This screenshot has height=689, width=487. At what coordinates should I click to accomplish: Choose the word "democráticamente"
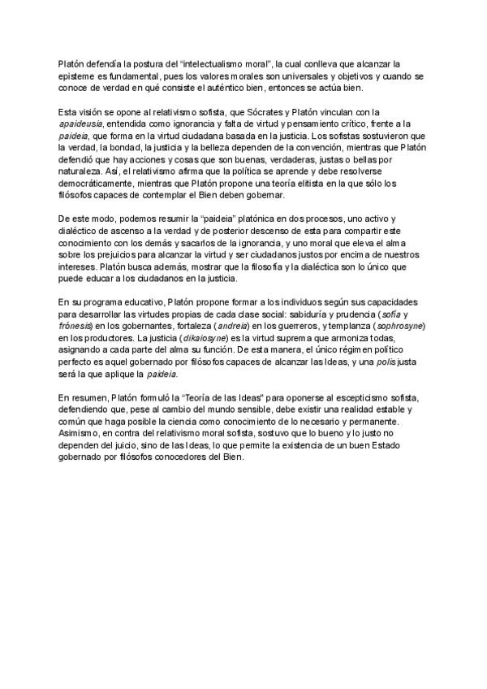click(101, 184)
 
